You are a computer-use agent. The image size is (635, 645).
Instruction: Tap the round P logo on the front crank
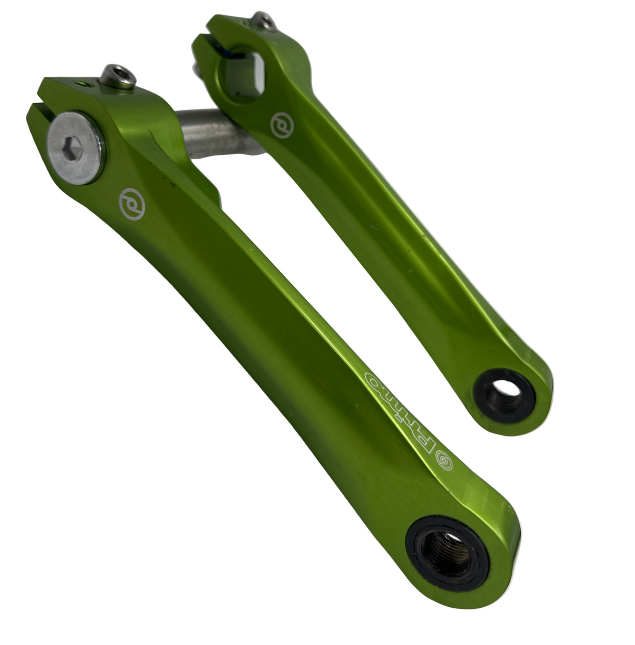(132, 204)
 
